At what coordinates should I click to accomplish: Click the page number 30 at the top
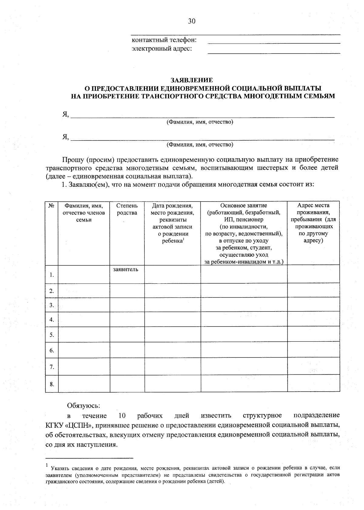(192, 21)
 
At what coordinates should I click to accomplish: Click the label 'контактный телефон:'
(164, 40)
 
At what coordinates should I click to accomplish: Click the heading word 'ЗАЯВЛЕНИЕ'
(192, 80)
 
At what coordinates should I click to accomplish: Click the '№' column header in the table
(52, 206)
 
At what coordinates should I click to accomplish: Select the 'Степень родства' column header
(127, 209)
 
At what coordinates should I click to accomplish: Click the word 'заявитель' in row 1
(126, 269)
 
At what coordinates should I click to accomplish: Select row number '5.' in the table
(52, 335)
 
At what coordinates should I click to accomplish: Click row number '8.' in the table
(52, 384)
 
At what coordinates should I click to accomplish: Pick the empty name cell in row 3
(84, 305)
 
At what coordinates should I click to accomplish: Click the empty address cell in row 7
(313, 366)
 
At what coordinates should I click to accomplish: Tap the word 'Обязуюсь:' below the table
(83, 405)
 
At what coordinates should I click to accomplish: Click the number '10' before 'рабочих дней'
(122, 415)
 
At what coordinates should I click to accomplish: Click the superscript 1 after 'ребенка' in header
(184, 239)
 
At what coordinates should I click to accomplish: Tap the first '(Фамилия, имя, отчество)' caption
(200, 122)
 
